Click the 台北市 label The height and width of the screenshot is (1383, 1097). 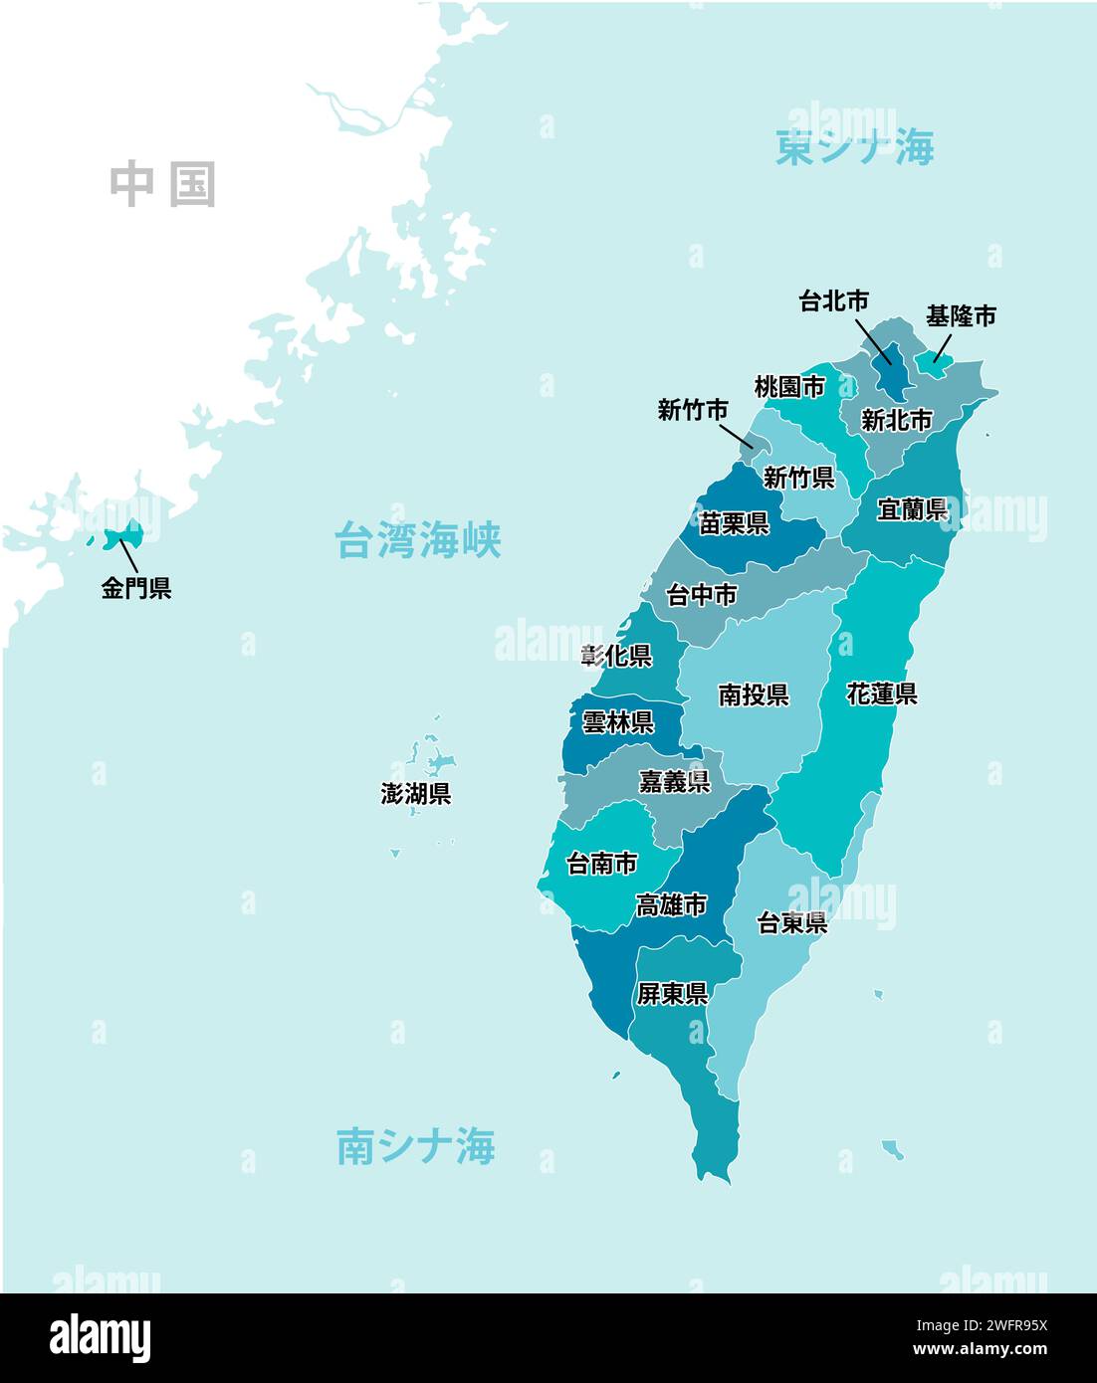[833, 300]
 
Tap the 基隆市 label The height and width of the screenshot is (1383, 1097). [960, 316]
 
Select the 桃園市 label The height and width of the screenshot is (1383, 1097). [789, 386]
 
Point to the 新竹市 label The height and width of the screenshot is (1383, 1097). [692, 410]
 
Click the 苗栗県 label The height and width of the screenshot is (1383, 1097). [734, 523]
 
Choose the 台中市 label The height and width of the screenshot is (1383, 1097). [702, 595]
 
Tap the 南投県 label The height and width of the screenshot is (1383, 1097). [754, 694]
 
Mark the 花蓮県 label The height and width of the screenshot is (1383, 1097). [881, 692]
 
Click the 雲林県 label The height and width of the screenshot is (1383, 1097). [617, 722]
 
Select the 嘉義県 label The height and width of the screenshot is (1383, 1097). [674, 782]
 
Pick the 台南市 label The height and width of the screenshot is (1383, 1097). [601, 864]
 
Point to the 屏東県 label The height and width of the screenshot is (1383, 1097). [672, 993]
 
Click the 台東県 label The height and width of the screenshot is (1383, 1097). [792, 923]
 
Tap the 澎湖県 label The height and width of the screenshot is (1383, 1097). [415, 794]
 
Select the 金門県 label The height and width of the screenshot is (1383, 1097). [136, 588]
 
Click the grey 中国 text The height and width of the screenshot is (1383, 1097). [162, 185]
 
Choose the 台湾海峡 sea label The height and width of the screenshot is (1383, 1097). [417, 540]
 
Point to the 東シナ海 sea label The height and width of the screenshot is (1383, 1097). [854, 148]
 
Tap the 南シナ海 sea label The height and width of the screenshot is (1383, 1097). [415, 1146]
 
